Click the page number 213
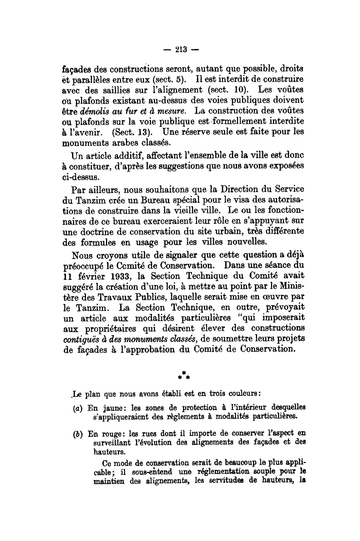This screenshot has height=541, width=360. [180, 49]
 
